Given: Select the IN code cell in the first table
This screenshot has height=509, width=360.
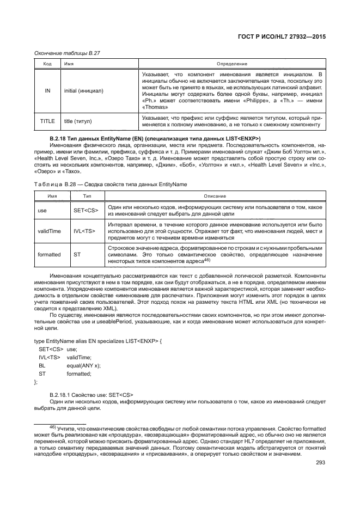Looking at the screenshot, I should (x=47, y=90).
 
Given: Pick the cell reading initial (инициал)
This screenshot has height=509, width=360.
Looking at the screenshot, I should (x=84, y=90).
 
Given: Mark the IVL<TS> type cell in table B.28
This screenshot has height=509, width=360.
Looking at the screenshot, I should (x=84, y=231).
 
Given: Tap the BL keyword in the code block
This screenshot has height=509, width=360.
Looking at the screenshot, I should (x=42, y=366).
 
